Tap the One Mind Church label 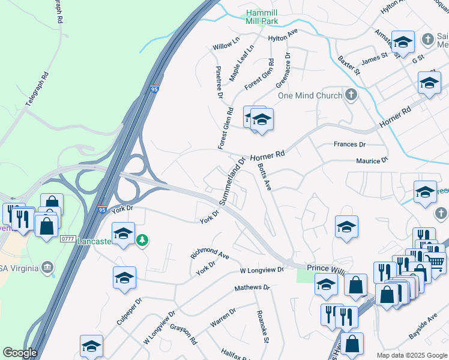309,95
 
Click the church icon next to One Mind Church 351,95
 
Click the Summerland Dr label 232,181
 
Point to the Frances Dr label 349,145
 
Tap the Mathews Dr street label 252,288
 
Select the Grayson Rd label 184,331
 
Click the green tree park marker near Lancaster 143,241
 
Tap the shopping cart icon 436,261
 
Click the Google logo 20,353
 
